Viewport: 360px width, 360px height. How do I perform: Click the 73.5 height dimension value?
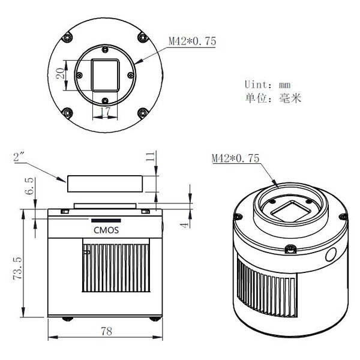pyautogui.click(x=17, y=268)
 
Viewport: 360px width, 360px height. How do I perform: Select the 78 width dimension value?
pyautogui.click(x=107, y=331)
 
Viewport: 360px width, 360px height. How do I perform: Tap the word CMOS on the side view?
pyautogui.click(x=106, y=230)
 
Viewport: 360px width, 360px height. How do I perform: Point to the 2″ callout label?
pyautogui.click(x=19, y=157)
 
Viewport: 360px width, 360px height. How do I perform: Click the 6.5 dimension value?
pyautogui.click(x=30, y=186)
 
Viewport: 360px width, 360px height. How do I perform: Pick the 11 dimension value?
pyautogui.click(x=151, y=157)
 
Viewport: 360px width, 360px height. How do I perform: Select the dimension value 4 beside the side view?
pyautogui.click(x=185, y=224)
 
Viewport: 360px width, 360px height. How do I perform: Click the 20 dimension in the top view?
pyautogui.click(x=61, y=73)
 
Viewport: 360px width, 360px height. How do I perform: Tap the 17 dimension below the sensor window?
pyautogui.click(x=106, y=112)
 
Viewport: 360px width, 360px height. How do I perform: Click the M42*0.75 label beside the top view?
pyautogui.click(x=193, y=41)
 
